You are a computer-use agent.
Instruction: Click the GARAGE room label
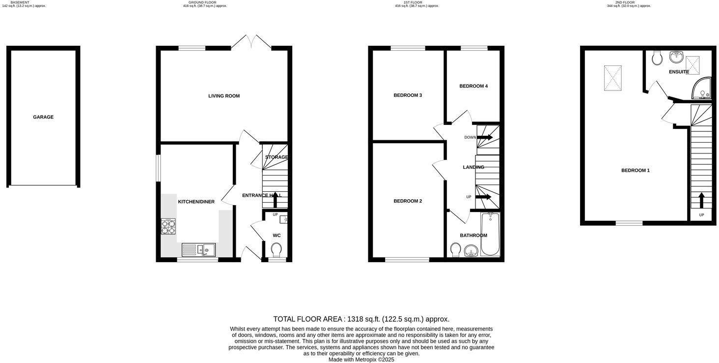[43, 117]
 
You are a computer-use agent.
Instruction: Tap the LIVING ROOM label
[224, 96]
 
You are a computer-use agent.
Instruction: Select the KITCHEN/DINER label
[196, 202]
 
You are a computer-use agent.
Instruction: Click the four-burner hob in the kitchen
[168, 226]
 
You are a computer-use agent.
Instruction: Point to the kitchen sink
[198, 250]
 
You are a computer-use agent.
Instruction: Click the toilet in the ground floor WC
[277, 249]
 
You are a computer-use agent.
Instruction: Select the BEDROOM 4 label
[473, 86]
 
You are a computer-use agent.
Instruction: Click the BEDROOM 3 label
[408, 95]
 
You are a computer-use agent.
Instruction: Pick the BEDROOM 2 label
[408, 201]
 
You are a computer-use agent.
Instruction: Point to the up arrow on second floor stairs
[701, 200]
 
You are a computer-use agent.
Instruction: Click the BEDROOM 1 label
[636, 171]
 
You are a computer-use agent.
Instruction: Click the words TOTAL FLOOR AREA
[307, 319]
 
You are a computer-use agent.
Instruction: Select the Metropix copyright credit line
[361, 360]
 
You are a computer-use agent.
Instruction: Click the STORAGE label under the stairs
[277, 157]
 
